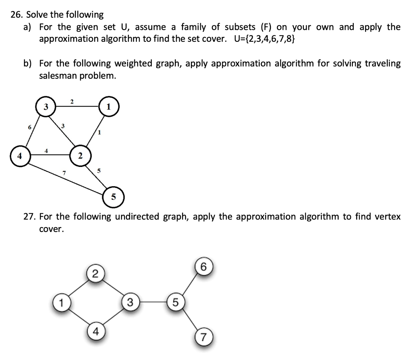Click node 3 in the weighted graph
point(46,107)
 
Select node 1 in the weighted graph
point(108,107)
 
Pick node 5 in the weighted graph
point(114,197)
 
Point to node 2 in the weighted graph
point(80,156)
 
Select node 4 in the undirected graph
point(95,332)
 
